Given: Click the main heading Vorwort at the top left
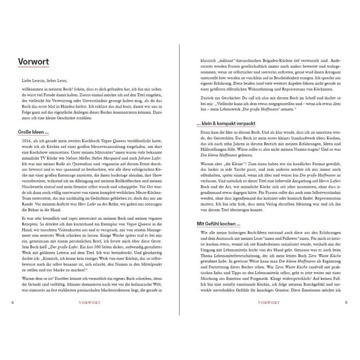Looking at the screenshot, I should point(34,62).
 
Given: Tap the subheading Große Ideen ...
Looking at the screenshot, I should point(33,132).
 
